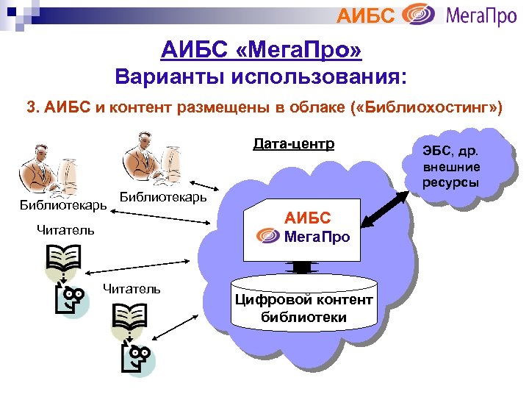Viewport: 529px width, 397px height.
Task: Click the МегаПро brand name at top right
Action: tap(481, 15)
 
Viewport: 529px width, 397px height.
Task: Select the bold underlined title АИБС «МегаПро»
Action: tap(262, 51)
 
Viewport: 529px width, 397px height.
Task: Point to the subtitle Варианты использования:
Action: tap(262, 77)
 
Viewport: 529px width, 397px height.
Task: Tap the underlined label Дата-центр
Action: tap(293, 143)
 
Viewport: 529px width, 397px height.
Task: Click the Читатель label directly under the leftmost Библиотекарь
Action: tap(65, 230)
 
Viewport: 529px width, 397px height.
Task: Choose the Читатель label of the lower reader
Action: tap(132, 289)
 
